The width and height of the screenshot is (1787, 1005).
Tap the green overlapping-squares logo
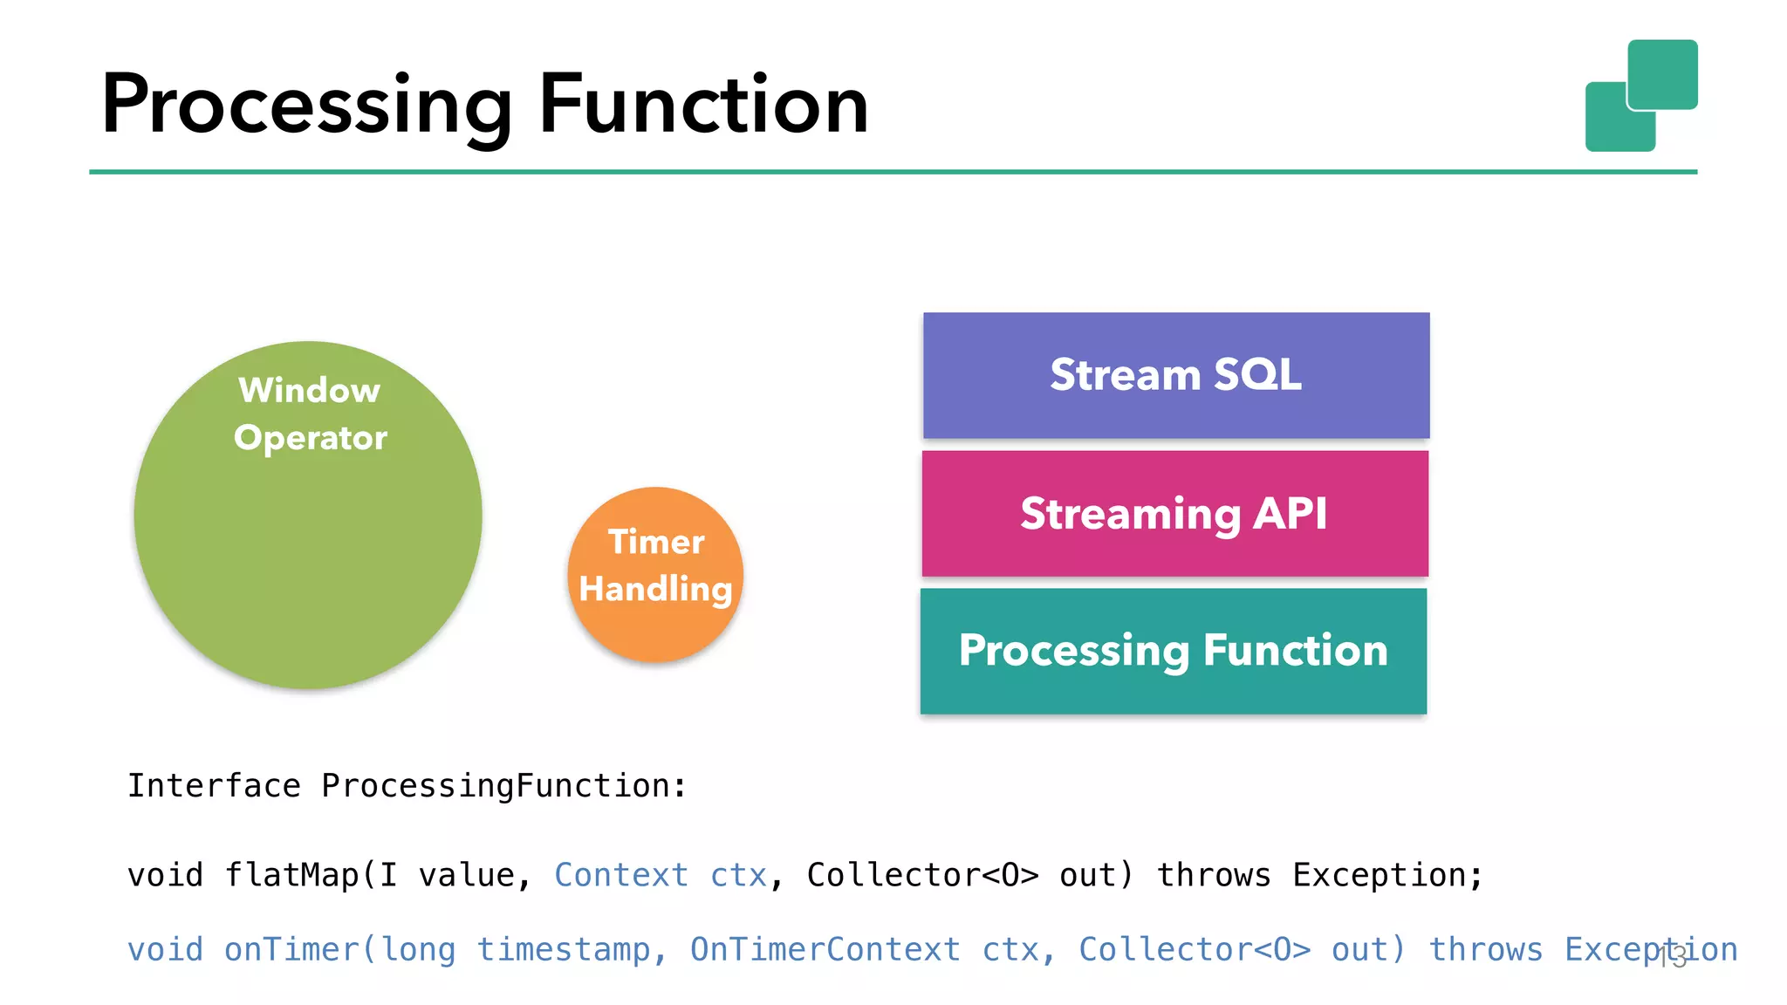[1640, 96]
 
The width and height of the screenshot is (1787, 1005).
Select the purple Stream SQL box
[1175, 375]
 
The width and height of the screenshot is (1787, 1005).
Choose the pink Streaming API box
[1174, 513]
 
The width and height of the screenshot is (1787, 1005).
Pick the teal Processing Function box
[1173, 651]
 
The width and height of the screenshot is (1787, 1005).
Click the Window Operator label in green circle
[310, 414]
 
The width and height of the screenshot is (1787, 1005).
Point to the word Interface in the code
[214, 786]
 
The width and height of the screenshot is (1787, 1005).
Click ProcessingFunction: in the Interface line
[504, 786]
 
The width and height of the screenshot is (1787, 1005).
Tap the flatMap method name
[291, 875]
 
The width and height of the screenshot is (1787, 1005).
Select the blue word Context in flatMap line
[620, 875]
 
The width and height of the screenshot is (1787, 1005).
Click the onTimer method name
[291, 949]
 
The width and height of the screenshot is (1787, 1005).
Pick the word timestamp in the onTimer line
[563, 949]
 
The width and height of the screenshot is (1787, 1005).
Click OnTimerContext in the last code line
[825, 949]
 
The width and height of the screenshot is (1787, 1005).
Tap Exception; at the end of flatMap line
[1387, 875]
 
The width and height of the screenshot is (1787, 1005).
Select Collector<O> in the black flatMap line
[922, 875]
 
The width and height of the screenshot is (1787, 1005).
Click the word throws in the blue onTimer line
[1485, 949]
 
